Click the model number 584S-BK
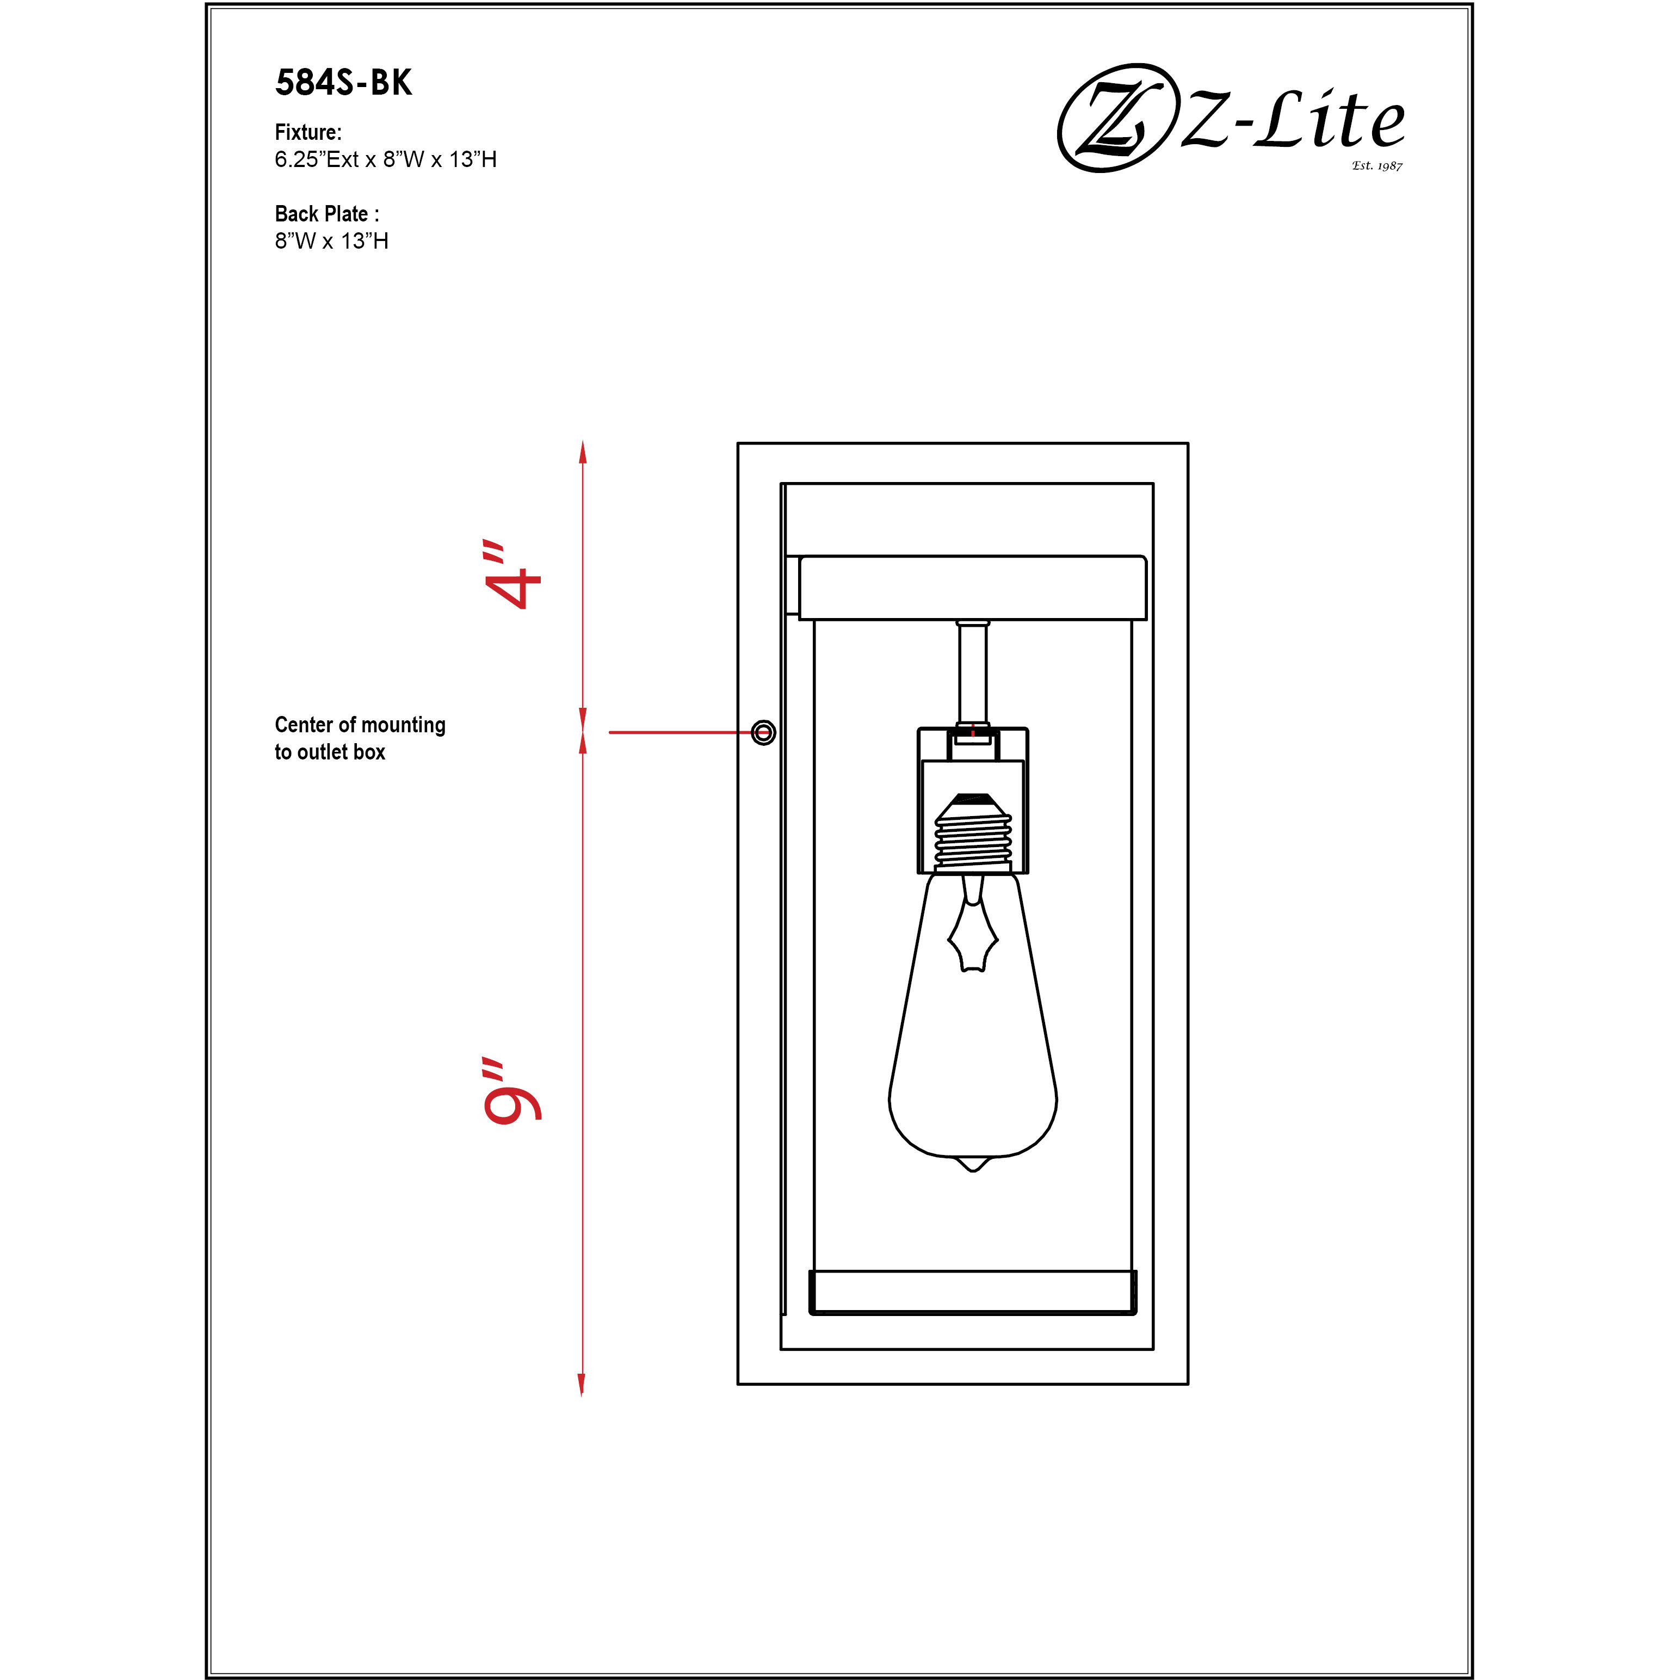click(343, 83)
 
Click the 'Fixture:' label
click(308, 132)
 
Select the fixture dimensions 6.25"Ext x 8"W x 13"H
click(385, 159)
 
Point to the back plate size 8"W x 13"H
click(331, 241)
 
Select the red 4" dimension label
click(513, 576)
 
